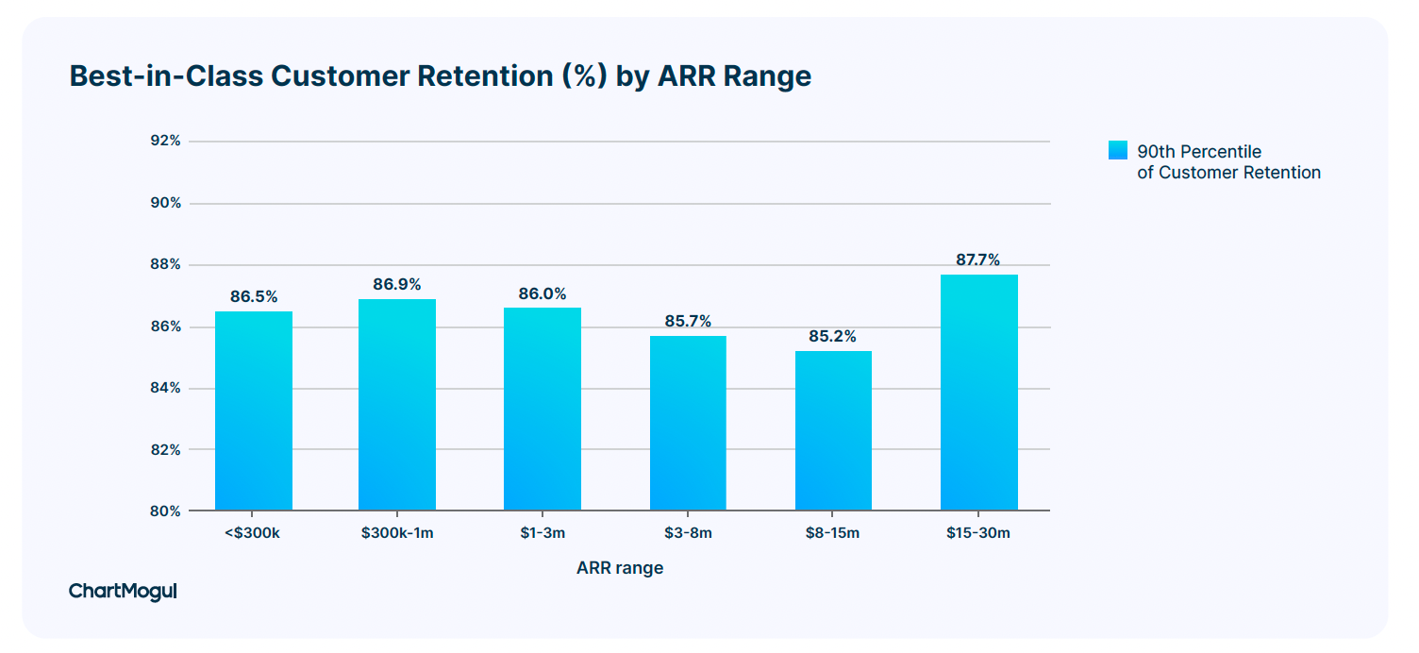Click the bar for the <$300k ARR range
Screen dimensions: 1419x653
point(254,410)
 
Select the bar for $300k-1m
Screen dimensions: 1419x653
point(397,405)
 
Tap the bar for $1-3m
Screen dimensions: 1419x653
point(543,410)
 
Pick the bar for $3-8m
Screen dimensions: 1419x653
point(688,423)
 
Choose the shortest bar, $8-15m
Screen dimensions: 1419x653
point(833,430)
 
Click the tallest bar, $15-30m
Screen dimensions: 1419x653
point(979,393)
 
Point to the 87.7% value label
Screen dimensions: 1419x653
point(978,260)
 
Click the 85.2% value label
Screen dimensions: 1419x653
point(832,336)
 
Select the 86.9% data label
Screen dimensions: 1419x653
point(397,284)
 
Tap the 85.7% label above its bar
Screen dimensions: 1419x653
point(688,321)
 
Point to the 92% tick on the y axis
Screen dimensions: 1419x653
point(165,141)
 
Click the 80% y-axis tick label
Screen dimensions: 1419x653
point(165,511)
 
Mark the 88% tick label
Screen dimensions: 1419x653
point(165,264)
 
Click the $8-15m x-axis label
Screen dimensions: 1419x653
point(832,533)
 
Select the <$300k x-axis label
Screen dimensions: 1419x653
point(252,533)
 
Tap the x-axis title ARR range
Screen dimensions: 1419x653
point(620,568)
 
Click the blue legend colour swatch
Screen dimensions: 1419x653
point(1118,150)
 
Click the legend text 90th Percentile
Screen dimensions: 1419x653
point(1199,152)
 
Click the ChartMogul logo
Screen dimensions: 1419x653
point(123,592)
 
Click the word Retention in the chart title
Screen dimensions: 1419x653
point(485,76)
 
